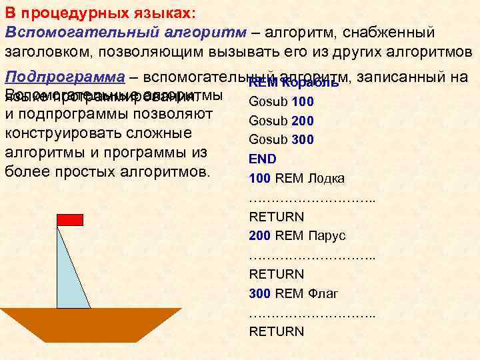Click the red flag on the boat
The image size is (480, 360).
[x=69, y=219]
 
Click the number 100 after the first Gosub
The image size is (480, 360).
[x=303, y=102]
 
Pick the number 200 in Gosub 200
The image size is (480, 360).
[x=303, y=121]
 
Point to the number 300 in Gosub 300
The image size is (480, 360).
[x=303, y=140]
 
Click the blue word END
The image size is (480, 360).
[x=262, y=159]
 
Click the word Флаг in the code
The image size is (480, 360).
[x=323, y=293]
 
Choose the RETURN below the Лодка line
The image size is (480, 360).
[x=276, y=217]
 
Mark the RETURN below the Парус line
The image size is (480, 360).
[x=276, y=274]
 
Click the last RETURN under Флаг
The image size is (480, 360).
[x=276, y=331]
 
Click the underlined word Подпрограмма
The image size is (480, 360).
[x=65, y=77]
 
